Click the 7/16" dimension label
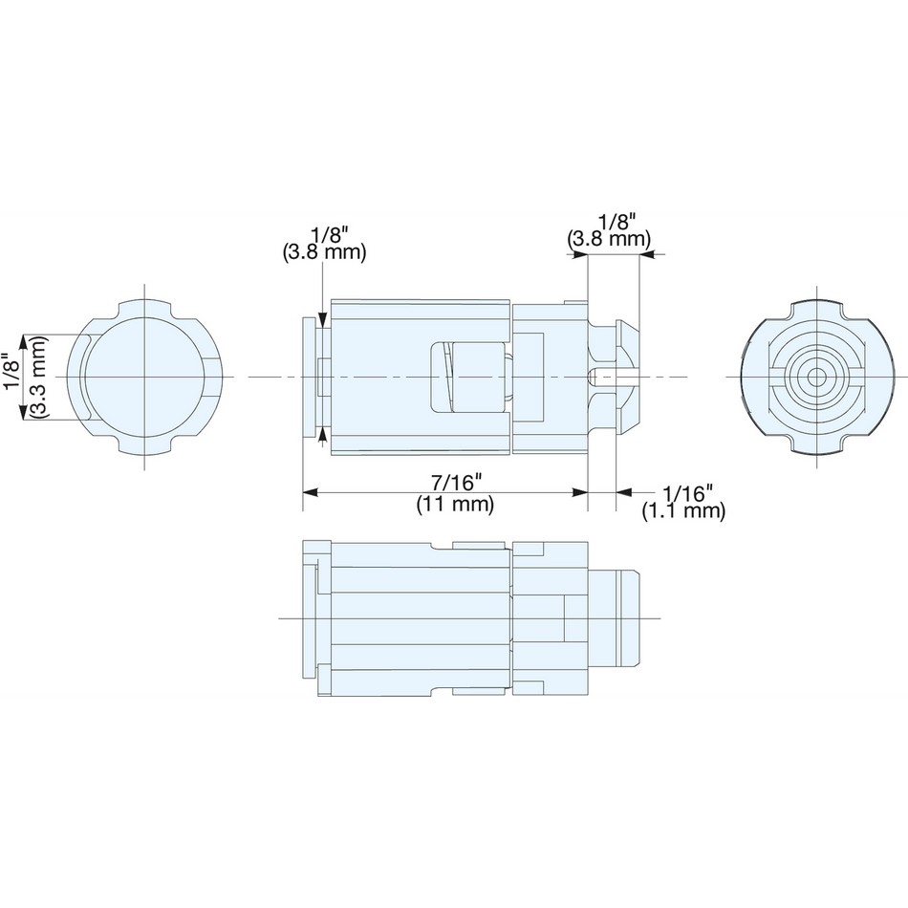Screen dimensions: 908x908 456,482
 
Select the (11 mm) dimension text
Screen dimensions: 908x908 455,505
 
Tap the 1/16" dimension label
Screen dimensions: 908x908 687,494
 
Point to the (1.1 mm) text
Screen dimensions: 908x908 683,511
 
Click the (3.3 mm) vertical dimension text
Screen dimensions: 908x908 39,377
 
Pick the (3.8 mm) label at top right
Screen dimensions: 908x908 609,239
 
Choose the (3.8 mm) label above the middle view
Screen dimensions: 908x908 324,252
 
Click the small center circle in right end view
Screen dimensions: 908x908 816,377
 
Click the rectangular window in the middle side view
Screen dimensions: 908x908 470,378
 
